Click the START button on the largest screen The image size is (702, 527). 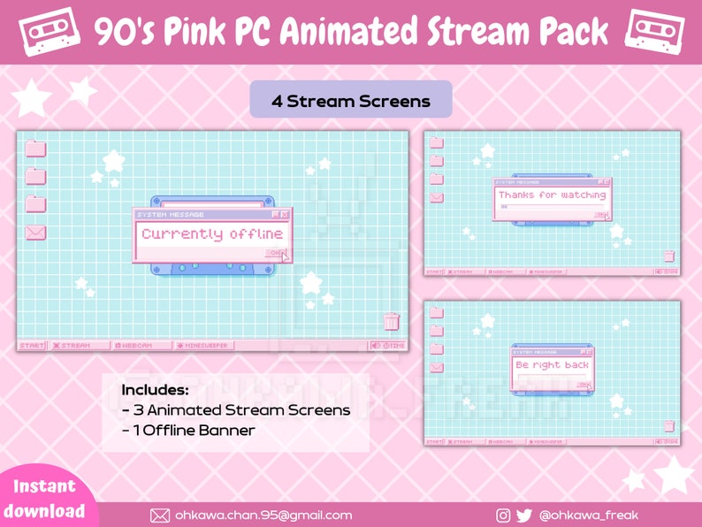click(x=32, y=345)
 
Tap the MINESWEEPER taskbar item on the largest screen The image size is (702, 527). click(x=202, y=345)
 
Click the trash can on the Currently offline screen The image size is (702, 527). click(x=391, y=321)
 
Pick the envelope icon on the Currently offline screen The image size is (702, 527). click(x=35, y=233)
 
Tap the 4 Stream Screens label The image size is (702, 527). click(x=351, y=101)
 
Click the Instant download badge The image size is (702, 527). click(x=44, y=498)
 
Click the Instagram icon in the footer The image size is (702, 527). click(x=503, y=515)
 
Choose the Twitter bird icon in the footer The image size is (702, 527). click(x=524, y=515)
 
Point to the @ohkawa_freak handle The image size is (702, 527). click(x=588, y=515)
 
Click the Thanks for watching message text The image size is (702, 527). click(x=552, y=195)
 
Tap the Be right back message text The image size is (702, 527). click(x=552, y=364)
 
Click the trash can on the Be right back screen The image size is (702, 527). click(x=669, y=425)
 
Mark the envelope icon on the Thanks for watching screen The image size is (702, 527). click(x=437, y=197)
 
